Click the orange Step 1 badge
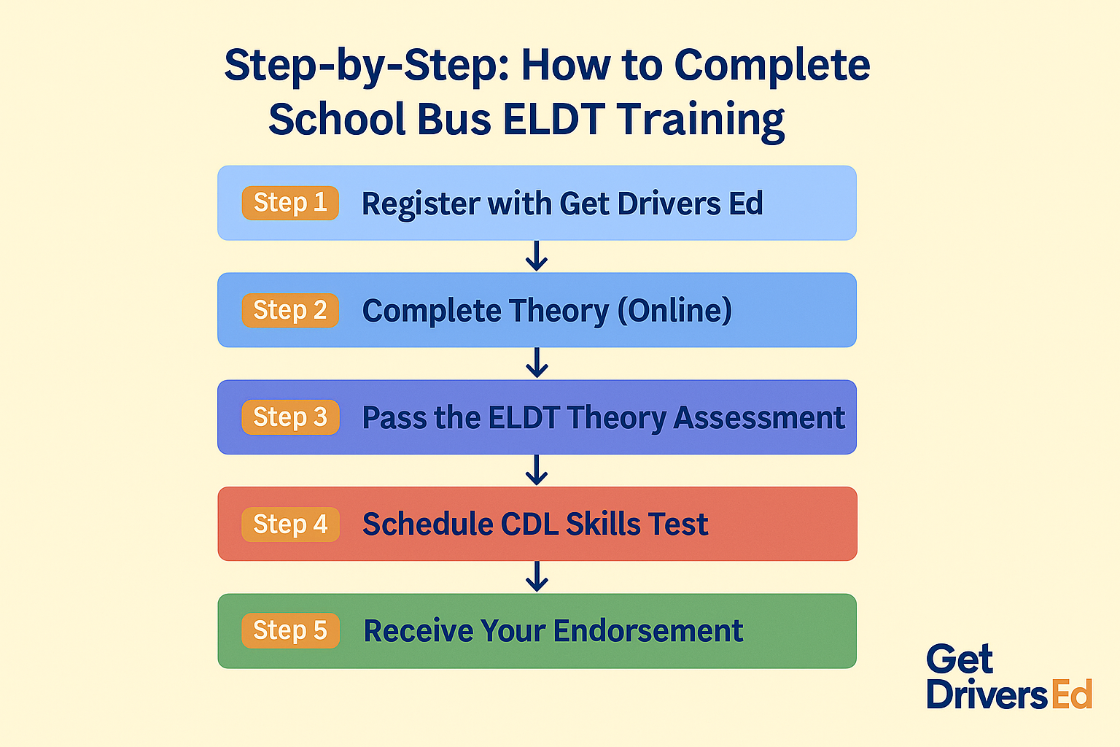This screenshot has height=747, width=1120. click(x=290, y=203)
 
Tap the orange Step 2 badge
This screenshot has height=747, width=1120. click(x=290, y=310)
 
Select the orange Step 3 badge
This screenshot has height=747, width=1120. click(x=290, y=417)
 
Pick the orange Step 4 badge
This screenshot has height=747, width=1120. click(x=290, y=525)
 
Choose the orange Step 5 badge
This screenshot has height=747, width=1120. click(x=290, y=631)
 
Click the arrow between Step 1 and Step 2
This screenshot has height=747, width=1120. click(x=537, y=256)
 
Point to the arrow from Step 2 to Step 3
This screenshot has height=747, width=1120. click(x=537, y=363)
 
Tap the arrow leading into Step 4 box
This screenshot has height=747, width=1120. click(x=537, y=470)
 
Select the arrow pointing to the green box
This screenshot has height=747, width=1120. click(x=537, y=576)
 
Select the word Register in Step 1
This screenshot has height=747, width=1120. click(x=420, y=205)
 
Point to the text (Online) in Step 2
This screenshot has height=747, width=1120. click(x=675, y=311)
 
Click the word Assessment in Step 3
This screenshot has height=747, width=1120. click(x=759, y=417)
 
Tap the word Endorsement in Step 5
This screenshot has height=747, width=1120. click(x=648, y=630)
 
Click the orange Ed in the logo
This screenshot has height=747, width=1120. click(x=1072, y=694)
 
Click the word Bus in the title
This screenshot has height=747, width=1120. click(x=454, y=119)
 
